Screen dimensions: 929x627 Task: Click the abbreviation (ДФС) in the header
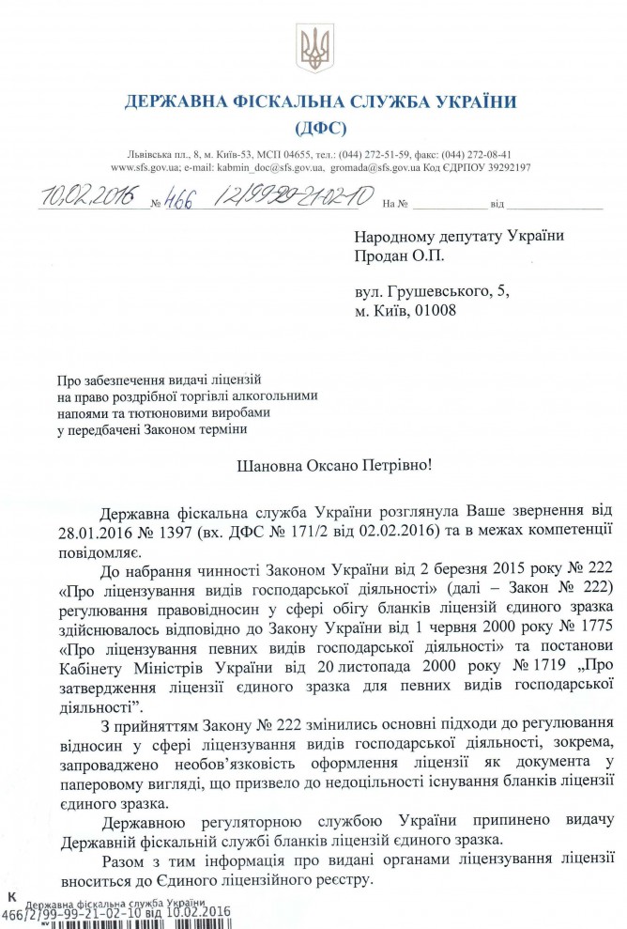pyautogui.click(x=320, y=127)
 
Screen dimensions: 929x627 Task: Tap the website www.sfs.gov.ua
pyautogui.click(x=141, y=167)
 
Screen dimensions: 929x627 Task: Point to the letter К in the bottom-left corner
pyautogui.click(x=11, y=899)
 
